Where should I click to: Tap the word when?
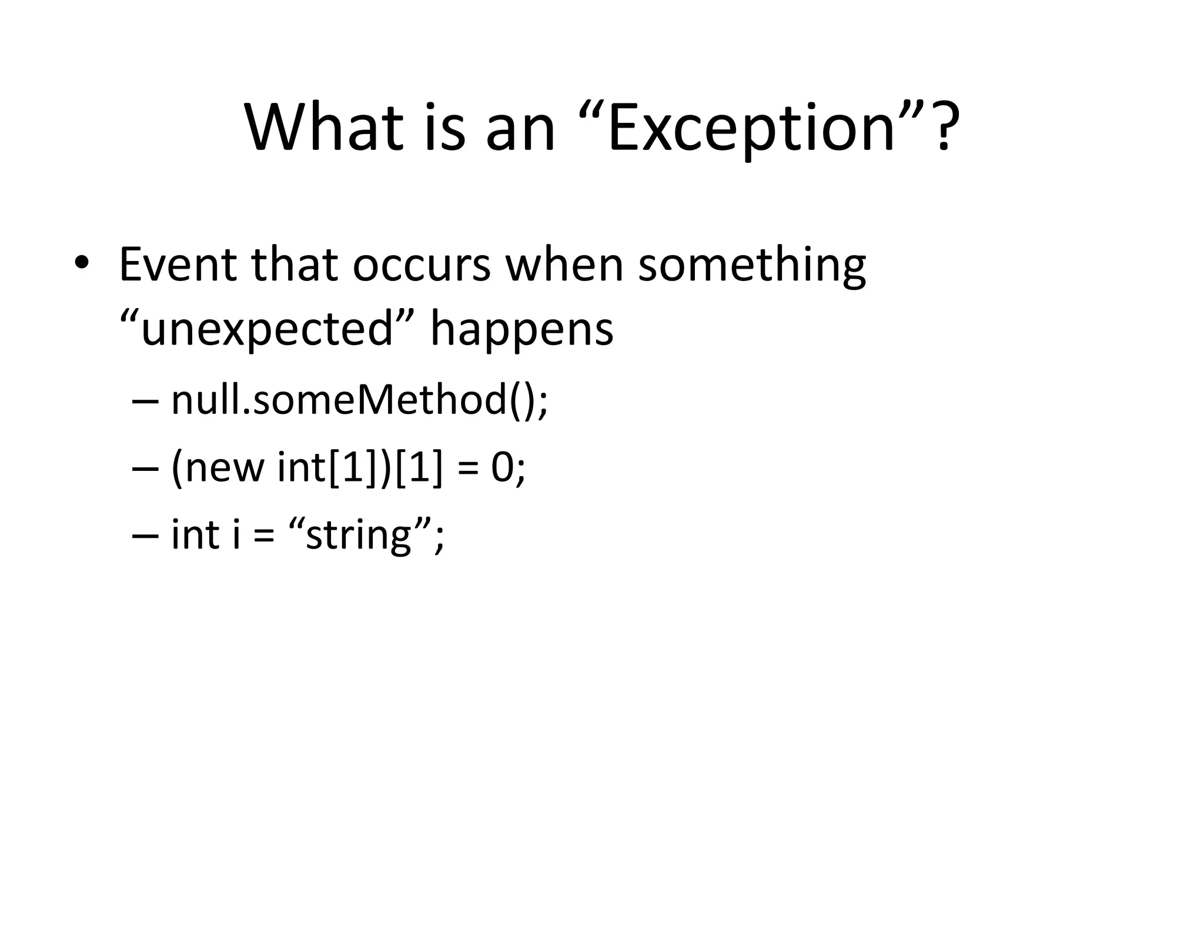(x=564, y=265)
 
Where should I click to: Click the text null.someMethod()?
(x=359, y=400)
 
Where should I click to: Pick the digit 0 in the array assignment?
(x=503, y=469)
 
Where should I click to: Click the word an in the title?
(x=520, y=128)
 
